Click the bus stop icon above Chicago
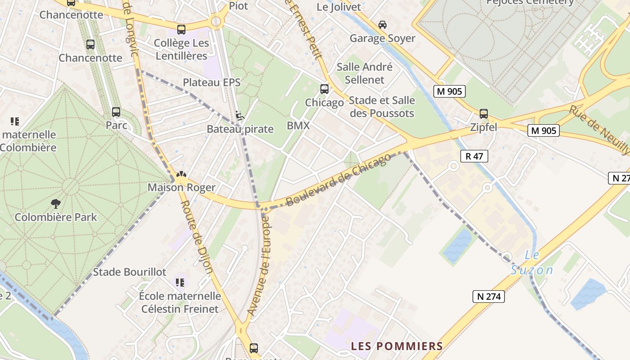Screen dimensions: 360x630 click(x=324, y=89)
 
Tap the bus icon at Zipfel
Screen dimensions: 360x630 click(x=484, y=114)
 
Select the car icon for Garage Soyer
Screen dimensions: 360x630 click(x=382, y=25)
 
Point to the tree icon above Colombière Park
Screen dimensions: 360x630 click(x=56, y=204)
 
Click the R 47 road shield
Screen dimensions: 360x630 click(x=474, y=156)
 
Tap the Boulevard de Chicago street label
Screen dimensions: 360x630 click(x=339, y=180)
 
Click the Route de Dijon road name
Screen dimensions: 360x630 click(x=197, y=236)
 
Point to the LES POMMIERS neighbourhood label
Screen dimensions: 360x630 click(x=397, y=346)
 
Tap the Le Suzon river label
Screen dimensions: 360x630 click(x=532, y=263)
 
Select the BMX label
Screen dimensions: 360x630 click(x=298, y=126)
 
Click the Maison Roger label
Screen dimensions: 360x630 click(x=181, y=187)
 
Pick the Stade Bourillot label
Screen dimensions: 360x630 click(x=130, y=272)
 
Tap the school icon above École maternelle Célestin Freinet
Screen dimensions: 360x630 click(x=180, y=283)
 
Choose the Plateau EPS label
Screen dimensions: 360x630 click(x=211, y=82)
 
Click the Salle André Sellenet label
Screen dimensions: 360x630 click(x=364, y=73)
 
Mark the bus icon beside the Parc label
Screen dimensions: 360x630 click(x=116, y=112)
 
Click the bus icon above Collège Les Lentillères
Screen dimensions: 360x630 click(x=181, y=30)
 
